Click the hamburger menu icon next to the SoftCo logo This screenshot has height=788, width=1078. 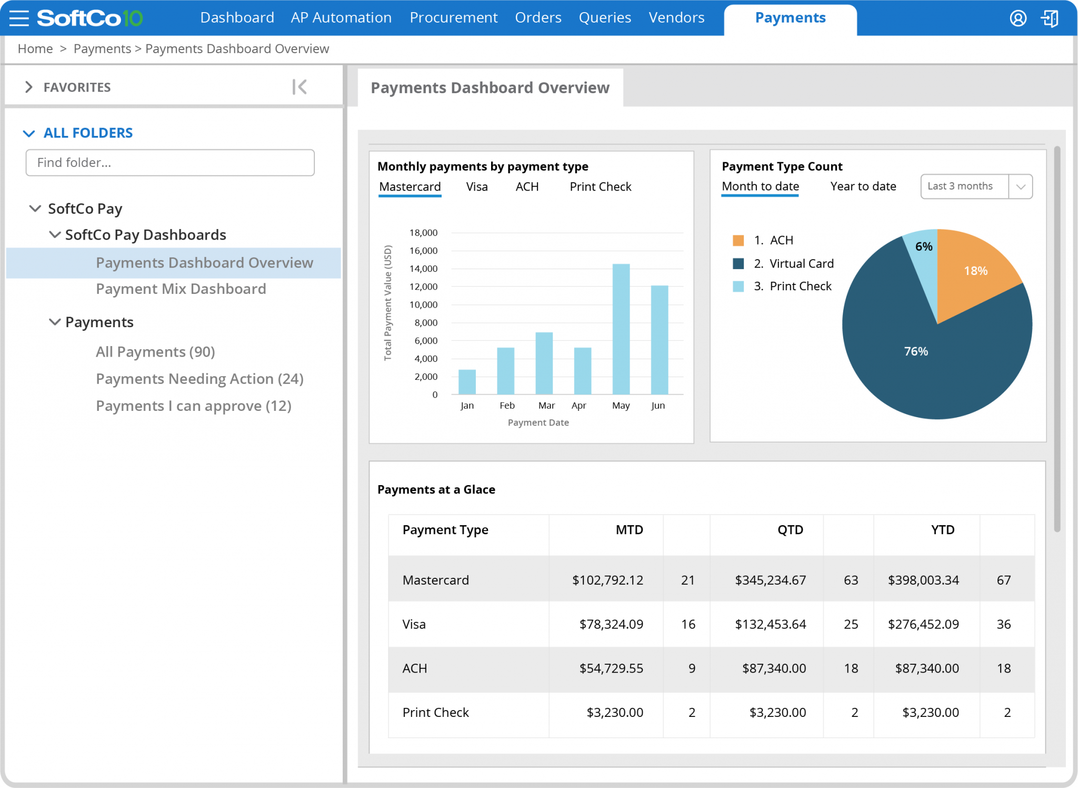tap(19, 18)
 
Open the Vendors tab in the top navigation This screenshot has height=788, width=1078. tap(676, 18)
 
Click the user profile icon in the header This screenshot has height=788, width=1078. tap(1017, 18)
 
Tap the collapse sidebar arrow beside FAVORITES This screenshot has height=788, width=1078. tap(300, 87)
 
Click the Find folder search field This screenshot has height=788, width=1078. tap(170, 163)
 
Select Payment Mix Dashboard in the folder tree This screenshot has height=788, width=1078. tap(181, 289)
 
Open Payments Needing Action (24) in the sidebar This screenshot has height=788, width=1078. tap(199, 379)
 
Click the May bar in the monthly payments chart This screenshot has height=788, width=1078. tap(621, 329)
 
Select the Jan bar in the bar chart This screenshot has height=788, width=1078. tap(467, 382)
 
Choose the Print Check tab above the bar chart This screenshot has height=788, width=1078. tap(600, 187)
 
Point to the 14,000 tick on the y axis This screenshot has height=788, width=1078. tap(423, 269)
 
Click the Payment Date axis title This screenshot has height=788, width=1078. tap(538, 422)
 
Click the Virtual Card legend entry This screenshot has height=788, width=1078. tap(801, 263)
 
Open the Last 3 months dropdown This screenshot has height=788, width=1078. tap(976, 186)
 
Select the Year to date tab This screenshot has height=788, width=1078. tap(863, 186)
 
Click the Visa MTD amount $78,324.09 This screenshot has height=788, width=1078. tap(611, 625)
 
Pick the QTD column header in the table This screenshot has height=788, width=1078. tap(790, 530)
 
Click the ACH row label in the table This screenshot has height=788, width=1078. tap(415, 669)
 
